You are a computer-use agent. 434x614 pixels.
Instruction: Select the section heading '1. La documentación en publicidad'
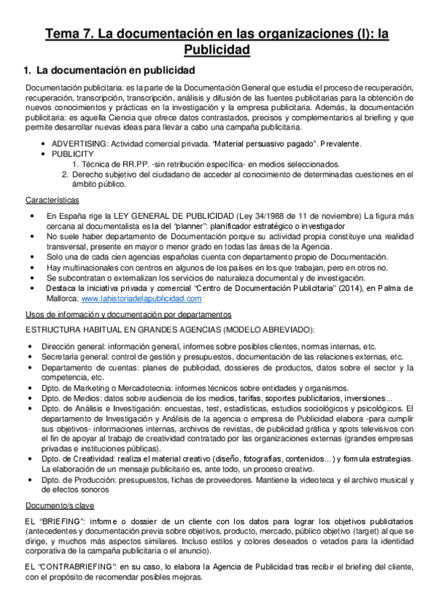coord(109,70)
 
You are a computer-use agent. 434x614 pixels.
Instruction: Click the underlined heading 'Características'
coord(52,199)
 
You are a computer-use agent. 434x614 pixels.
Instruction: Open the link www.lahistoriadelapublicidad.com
coord(141,298)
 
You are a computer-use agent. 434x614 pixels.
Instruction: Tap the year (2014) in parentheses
coord(310,287)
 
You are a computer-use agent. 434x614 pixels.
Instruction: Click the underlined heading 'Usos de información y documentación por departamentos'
coord(128,314)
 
